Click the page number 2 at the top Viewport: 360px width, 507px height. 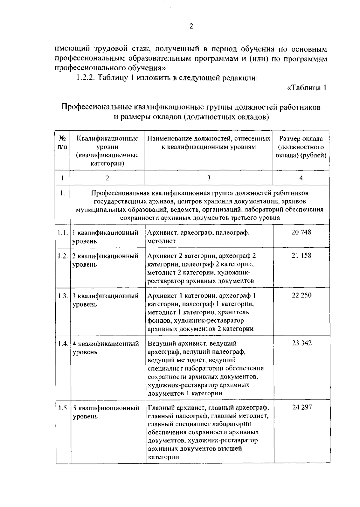pyautogui.click(x=191, y=26)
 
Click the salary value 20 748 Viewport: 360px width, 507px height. pyautogui.click(x=301, y=232)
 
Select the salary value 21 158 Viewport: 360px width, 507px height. pyautogui.click(x=301, y=255)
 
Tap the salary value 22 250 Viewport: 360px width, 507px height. pyautogui.click(x=301, y=295)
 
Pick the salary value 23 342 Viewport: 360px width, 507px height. pyautogui.click(x=302, y=343)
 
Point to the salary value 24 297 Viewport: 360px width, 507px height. pyautogui.click(x=302, y=407)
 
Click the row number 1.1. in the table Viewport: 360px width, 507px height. pyautogui.click(x=63, y=232)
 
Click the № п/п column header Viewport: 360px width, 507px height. pyautogui.click(x=62, y=143)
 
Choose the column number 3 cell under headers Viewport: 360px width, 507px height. pyautogui.click(x=209, y=178)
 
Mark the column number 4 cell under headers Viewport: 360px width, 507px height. pyautogui.click(x=301, y=178)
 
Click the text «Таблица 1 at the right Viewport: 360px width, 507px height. pyautogui.click(x=307, y=88)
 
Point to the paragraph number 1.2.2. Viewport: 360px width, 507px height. pyautogui.click(x=85, y=77)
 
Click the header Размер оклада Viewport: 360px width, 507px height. pyautogui.click(x=301, y=139)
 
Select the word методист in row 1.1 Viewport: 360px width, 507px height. pyautogui.click(x=161, y=241)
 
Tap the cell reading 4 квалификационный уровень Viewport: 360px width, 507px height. pyautogui.click(x=106, y=348)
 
